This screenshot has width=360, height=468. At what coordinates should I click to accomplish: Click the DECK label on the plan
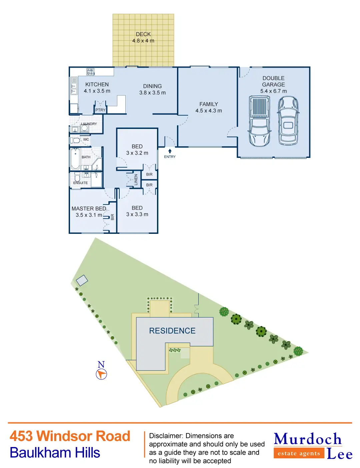(x=143, y=34)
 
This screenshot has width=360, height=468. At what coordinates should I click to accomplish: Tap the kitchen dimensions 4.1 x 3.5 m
(x=97, y=91)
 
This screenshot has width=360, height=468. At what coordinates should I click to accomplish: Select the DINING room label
(x=152, y=86)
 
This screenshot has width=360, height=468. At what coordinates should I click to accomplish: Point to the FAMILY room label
(x=209, y=104)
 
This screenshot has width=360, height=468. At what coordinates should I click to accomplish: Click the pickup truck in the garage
(x=259, y=121)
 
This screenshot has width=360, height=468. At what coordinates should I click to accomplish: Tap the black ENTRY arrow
(x=170, y=151)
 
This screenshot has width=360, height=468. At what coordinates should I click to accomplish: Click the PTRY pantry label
(x=100, y=110)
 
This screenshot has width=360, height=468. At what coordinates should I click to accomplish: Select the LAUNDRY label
(x=89, y=124)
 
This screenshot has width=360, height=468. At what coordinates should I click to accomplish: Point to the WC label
(x=86, y=140)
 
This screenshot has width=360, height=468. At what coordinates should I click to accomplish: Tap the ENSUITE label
(x=81, y=183)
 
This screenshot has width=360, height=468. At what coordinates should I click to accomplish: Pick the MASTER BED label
(x=89, y=209)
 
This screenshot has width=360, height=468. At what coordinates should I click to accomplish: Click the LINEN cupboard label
(x=136, y=180)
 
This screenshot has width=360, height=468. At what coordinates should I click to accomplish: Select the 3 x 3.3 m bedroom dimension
(x=137, y=215)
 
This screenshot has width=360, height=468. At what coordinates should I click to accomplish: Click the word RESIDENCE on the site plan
(x=172, y=331)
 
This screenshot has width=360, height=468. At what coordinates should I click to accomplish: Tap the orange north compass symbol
(x=101, y=374)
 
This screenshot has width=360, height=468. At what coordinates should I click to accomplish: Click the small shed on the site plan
(x=82, y=280)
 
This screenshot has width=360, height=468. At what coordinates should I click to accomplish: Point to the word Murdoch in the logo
(x=308, y=439)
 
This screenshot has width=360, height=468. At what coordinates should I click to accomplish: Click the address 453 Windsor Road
(x=70, y=436)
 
